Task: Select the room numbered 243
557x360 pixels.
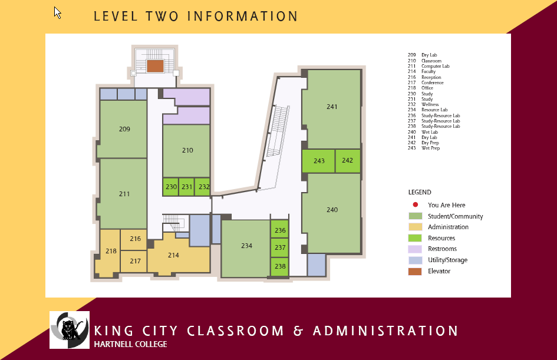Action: (x=318, y=161)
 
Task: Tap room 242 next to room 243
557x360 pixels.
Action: (x=348, y=161)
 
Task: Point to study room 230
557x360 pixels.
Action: (x=171, y=187)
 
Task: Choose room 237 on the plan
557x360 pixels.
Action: (x=279, y=247)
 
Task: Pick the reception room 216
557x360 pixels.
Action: (x=134, y=240)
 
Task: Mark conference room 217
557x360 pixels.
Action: (x=134, y=262)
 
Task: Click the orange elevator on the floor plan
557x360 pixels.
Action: (x=155, y=66)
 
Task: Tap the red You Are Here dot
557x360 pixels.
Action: (x=416, y=204)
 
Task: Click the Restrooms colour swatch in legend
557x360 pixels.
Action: (x=415, y=249)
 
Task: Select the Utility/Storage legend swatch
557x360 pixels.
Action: (x=415, y=260)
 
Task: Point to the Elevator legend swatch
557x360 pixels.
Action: (x=415, y=272)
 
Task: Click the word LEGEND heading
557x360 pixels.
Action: (x=420, y=192)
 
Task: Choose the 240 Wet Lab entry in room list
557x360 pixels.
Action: (x=423, y=132)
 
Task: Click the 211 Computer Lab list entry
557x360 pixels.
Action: (x=429, y=66)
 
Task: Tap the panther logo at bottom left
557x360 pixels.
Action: (x=70, y=330)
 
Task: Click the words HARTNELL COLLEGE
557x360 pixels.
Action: (x=130, y=344)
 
